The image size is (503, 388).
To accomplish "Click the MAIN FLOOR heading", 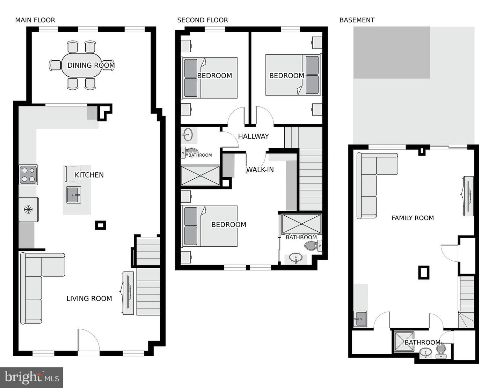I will pos(35,20).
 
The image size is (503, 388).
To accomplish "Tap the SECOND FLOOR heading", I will pos(202,20).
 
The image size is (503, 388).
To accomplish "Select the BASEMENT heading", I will pos(357,20).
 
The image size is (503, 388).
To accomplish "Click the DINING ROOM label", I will pos(91,65).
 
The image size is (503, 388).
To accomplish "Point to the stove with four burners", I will pos(28,175).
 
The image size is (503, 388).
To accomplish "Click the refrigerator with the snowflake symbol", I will pos(28,209).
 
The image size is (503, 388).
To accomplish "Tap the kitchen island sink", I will pos(74,195).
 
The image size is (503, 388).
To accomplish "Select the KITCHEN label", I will pos(89,175).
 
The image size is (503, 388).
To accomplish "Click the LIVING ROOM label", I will pos(89,299).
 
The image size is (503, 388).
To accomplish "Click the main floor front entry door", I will pos(88,340).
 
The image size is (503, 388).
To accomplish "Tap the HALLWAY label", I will pos(253,136).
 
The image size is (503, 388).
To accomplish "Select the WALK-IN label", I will pos(260,170).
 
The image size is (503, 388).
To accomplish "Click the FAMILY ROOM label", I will pos(413,218).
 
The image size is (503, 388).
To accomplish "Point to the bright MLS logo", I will pos(31,378).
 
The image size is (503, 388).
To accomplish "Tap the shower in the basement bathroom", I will pos(404,341).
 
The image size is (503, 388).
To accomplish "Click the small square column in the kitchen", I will pos(100,225).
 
